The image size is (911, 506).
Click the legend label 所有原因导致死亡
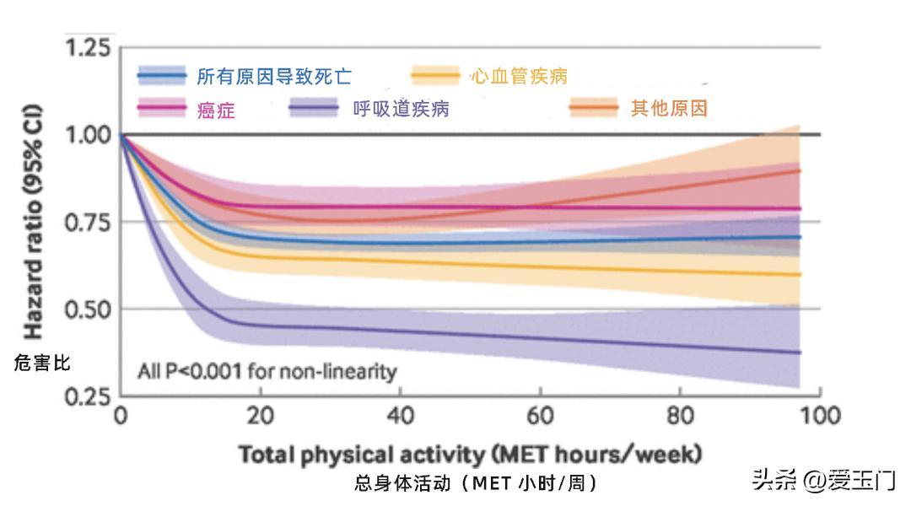click(274, 78)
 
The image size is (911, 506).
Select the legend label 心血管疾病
click(519, 77)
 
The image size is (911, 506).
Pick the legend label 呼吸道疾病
click(401, 109)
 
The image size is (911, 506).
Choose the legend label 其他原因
click(669, 109)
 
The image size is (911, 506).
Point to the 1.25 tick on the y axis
click(87, 48)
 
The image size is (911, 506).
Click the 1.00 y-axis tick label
click(87, 135)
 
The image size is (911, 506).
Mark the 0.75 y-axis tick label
click(87, 222)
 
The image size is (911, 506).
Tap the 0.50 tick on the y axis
click(87, 309)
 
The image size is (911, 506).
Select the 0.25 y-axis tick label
click(87, 396)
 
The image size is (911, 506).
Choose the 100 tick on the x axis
click(820, 416)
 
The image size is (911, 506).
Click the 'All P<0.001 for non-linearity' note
click(267, 371)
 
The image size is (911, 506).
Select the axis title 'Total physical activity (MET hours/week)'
click(470, 455)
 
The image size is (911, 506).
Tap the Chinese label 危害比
click(42, 363)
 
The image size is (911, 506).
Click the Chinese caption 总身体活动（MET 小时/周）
click(477, 483)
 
